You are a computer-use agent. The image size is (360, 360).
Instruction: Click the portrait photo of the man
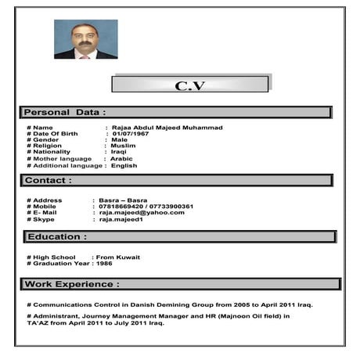tap(85, 39)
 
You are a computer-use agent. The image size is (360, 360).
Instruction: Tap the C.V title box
tap(190, 85)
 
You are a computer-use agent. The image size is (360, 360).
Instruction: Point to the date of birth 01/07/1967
tap(130, 134)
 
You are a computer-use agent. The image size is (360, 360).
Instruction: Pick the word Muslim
tap(123, 146)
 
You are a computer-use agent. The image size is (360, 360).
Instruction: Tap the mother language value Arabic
tap(121, 159)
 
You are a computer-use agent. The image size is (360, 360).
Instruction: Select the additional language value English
tap(124, 166)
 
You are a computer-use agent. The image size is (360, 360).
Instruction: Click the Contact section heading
tap(49, 180)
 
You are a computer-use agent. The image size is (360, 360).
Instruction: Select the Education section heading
tap(56, 236)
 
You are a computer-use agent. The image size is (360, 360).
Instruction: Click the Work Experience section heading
tap(72, 284)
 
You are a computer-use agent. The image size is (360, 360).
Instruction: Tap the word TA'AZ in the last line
tap(38, 322)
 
